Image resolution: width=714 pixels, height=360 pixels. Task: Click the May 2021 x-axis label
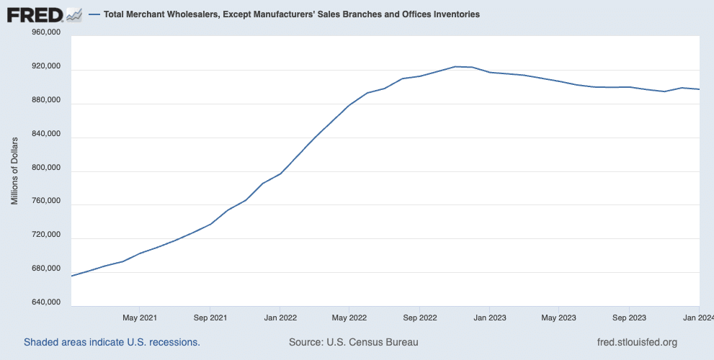(140, 317)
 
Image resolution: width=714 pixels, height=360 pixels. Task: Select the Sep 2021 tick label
(210, 317)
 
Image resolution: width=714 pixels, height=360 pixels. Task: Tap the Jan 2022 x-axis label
(280, 317)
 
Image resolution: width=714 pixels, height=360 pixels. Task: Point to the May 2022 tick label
(349, 317)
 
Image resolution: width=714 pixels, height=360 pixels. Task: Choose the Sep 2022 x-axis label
(419, 317)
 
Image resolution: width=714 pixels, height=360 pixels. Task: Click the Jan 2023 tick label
(489, 317)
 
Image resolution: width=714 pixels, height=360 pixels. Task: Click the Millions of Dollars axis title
(14, 169)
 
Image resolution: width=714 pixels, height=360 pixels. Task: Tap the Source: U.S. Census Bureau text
(353, 342)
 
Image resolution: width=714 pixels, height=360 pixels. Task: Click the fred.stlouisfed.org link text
(637, 342)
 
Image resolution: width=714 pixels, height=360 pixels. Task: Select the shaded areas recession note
(112, 342)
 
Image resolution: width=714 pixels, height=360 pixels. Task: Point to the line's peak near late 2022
(456, 66)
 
